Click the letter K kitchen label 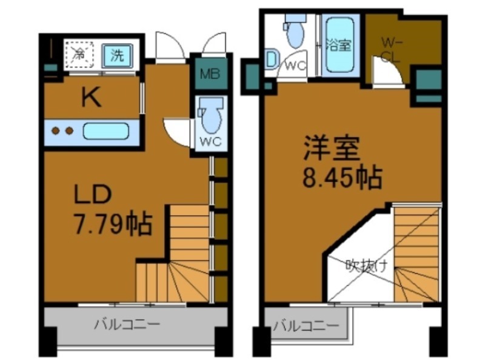tap(91, 98)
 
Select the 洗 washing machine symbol tap(116, 56)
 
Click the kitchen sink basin tap(106, 130)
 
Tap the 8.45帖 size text tap(342, 177)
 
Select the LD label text tap(92, 195)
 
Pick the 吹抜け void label tap(366, 265)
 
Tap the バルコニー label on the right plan tap(306, 326)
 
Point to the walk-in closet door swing tap(386, 75)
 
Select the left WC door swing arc tap(177, 130)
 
